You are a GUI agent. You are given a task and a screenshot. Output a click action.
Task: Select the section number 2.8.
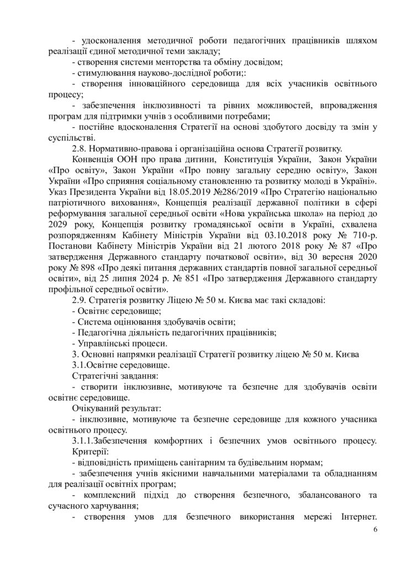coord(80,148)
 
